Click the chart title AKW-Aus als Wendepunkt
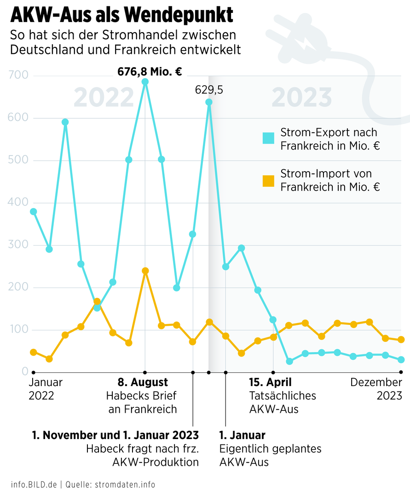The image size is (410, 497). (x=121, y=15)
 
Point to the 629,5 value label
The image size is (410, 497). (x=209, y=90)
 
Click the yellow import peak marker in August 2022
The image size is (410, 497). (x=145, y=271)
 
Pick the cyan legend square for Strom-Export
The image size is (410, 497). (x=268, y=138)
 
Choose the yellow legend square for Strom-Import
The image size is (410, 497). (x=268, y=181)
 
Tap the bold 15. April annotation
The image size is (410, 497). (x=271, y=382)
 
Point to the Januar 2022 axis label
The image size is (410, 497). (x=46, y=389)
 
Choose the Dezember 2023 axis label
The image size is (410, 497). (x=376, y=389)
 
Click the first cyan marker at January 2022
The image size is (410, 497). (x=33, y=212)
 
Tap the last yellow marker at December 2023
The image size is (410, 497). (x=401, y=340)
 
